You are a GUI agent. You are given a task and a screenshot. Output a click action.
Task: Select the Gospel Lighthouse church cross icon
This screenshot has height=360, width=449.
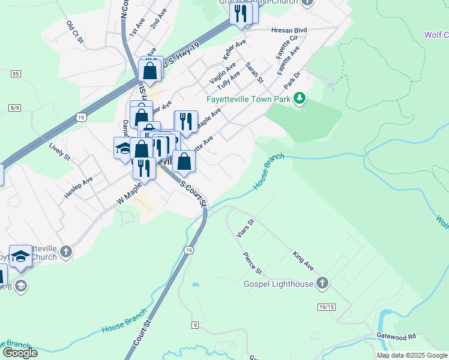pos(323,283)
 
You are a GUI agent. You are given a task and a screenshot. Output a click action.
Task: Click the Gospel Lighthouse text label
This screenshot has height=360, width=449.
pos(279,283)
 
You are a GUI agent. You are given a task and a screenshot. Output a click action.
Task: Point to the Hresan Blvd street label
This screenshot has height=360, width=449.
pos(289,29)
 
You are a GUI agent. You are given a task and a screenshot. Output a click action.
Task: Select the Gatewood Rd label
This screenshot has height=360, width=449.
pos(396,337)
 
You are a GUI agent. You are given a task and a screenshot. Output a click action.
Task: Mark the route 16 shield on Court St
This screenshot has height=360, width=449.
pos(189,250)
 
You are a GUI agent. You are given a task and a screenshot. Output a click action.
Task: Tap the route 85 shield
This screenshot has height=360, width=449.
pos(16,74)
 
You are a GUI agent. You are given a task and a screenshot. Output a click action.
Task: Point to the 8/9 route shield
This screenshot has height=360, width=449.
pos(15,108)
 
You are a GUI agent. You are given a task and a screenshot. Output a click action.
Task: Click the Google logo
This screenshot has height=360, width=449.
pos(19,353)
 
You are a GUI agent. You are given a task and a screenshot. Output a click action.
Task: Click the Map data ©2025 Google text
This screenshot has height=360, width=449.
pos(412,355)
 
